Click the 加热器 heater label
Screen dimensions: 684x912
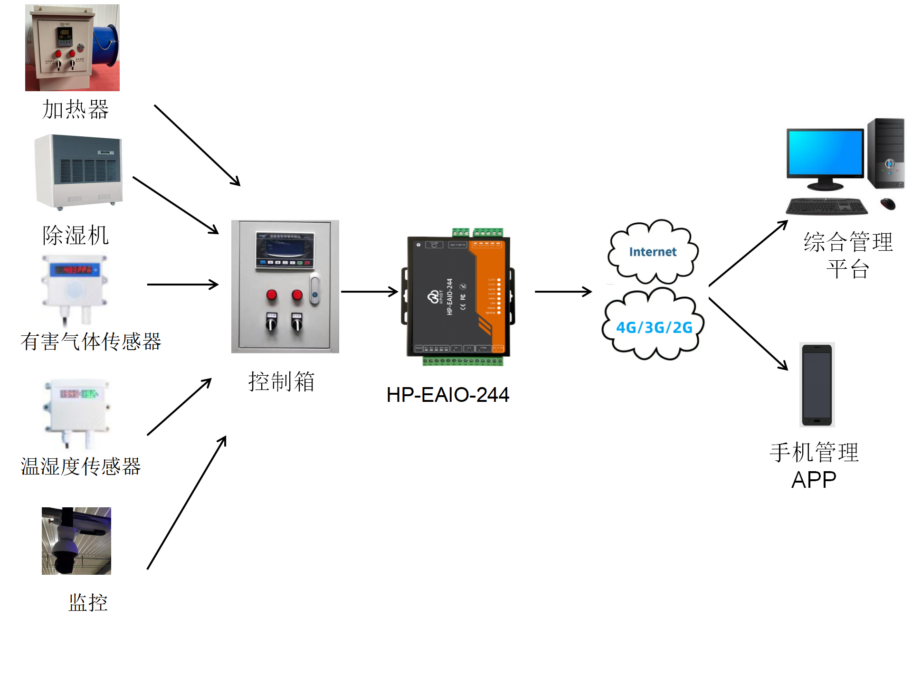click(76, 109)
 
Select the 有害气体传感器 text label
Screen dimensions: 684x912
click(91, 342)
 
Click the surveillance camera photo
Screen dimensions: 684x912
click(76, 541)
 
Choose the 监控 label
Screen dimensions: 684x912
click(88, 603)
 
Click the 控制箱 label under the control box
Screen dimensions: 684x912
click(281, 381)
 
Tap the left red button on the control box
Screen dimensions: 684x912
click(272, 295)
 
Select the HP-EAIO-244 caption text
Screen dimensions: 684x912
click(447, 395)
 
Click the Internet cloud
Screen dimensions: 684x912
click(653, 252)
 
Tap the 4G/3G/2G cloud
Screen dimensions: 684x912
click(654, 327)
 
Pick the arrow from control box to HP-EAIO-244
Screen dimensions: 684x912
click(369, 292)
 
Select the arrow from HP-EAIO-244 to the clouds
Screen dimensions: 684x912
click(563, 292)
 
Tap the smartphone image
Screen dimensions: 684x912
click(817, 385)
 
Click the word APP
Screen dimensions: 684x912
click(814, 480)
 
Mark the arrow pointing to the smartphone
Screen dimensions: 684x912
click(748, 333)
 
